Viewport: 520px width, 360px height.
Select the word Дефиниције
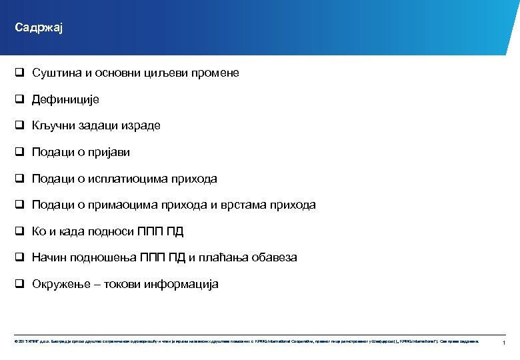click(x=65, y=99)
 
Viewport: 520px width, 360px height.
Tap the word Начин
click(x=49, y=257)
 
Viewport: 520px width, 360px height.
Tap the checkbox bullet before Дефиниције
click(x=20, y=99)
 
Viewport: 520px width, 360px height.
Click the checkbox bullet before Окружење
click(x=20, y=284)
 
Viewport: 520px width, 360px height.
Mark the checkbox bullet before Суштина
click(x=20, y=73)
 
